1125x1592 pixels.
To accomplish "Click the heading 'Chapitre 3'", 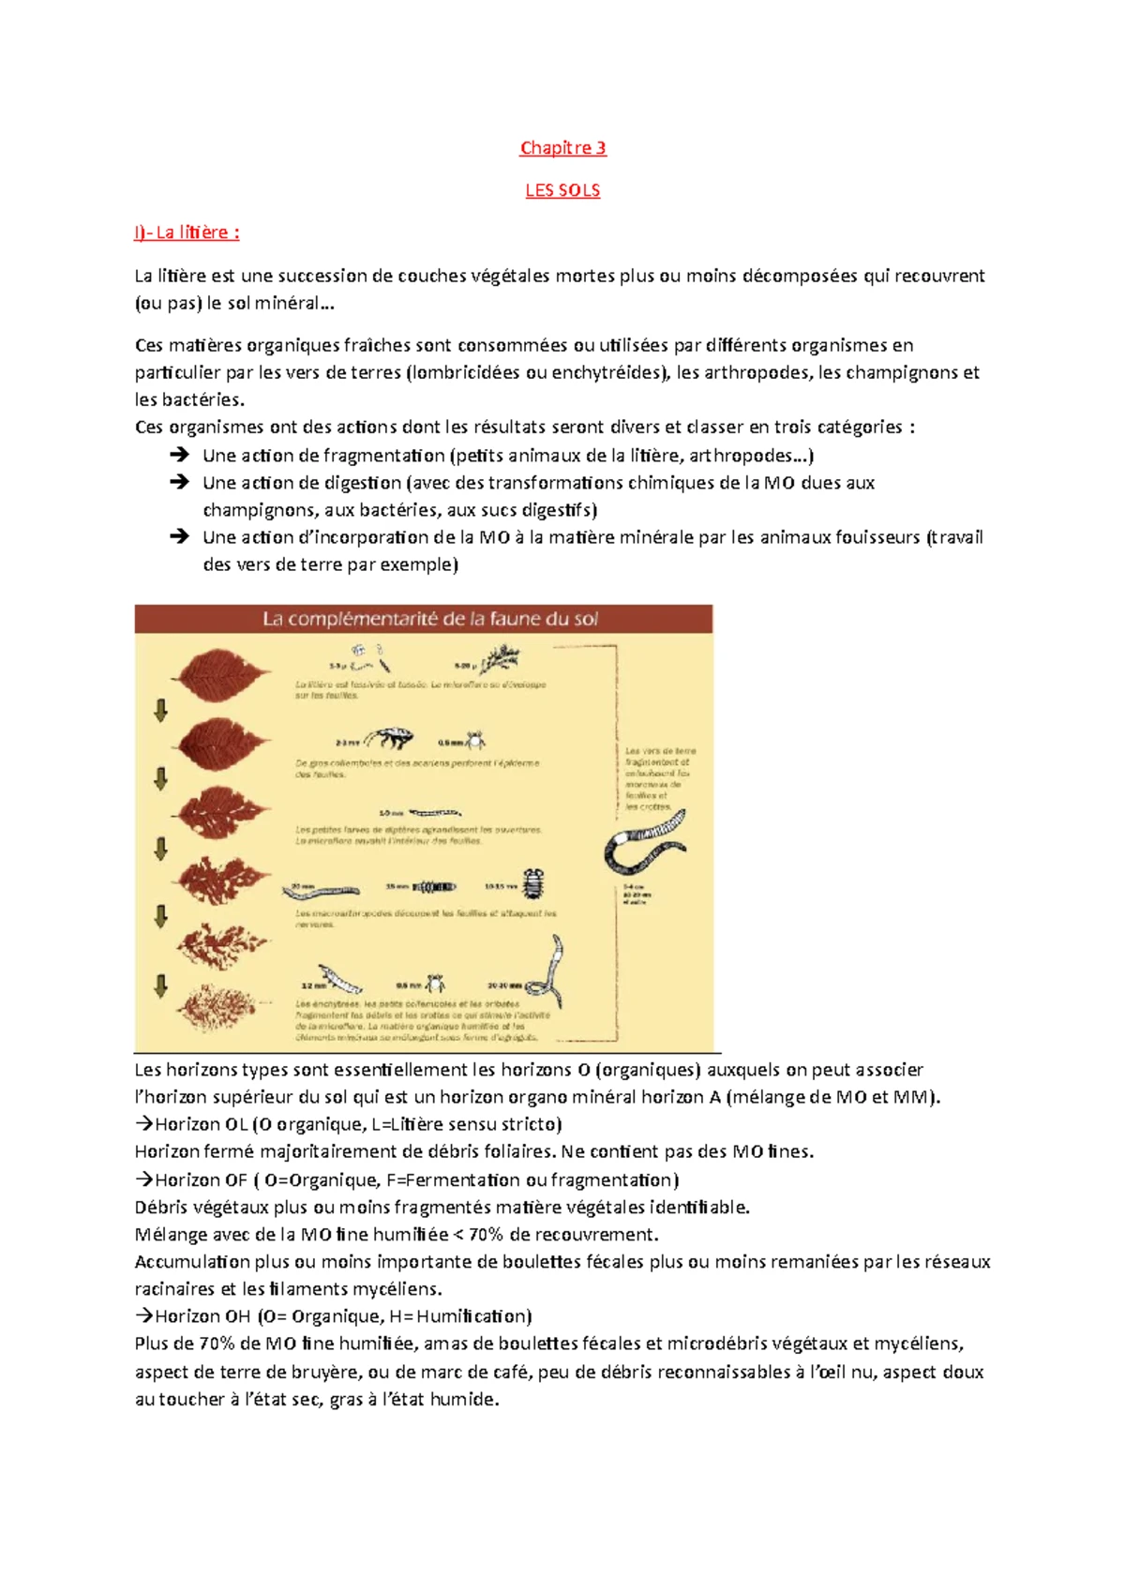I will [x=562, y=147].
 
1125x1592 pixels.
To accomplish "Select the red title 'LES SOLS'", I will [x=562, y=190].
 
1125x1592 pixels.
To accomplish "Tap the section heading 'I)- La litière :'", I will [x=187, y=233].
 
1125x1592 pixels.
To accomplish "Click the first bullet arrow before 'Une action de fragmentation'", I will [x=179, y=455].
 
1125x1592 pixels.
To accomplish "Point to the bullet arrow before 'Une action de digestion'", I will [x=179, y=482].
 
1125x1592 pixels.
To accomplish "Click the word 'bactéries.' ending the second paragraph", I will [x=189, y=399].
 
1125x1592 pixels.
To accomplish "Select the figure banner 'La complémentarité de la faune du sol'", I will [x=429, y=619].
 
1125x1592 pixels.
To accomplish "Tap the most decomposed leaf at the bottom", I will [x=217, y=1008].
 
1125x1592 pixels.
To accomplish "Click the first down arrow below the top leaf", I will [x=160, y=710].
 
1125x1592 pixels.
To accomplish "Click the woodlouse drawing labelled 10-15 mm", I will [x=533, y=884].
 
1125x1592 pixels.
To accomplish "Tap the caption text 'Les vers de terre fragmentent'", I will [x=660, y=757].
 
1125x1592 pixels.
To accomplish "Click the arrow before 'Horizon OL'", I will [x=143, y=1124].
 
